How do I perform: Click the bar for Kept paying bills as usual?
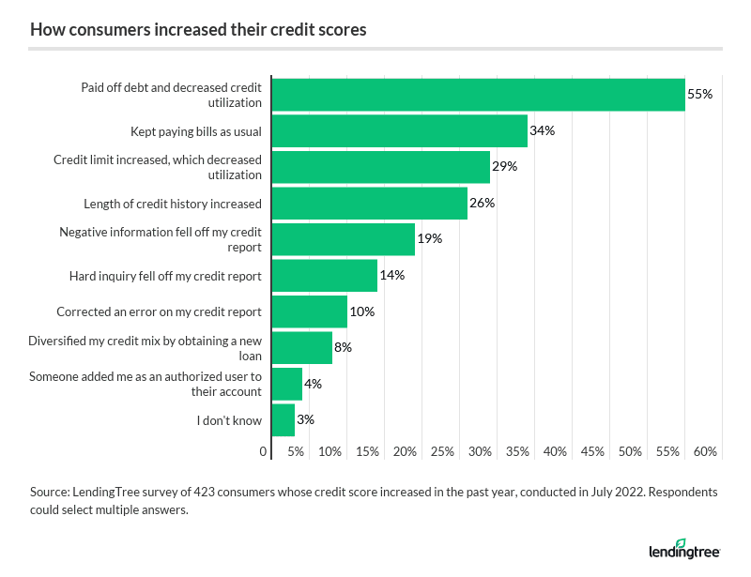[x=399, y=130]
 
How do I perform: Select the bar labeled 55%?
[x=478, y=95]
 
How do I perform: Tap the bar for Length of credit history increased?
[x=369, y=203]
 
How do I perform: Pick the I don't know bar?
[x=283, y=420]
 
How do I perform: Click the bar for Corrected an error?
[x=309, y=311]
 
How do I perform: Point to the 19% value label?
[x=430, y=239]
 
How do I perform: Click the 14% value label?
[x=392, y=276]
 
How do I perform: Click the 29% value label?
[x=505, y=167]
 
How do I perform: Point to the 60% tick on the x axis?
[x=706, y=452]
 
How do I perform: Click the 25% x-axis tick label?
[x=442, y=452]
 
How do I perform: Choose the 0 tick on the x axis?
[x=264, y=452]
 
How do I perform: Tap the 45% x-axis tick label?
[x=592, y=452]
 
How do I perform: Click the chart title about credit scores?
[x=198, y=30]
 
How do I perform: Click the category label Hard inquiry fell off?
[x=165, y=276]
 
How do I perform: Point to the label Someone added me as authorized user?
[x=146, y=384]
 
